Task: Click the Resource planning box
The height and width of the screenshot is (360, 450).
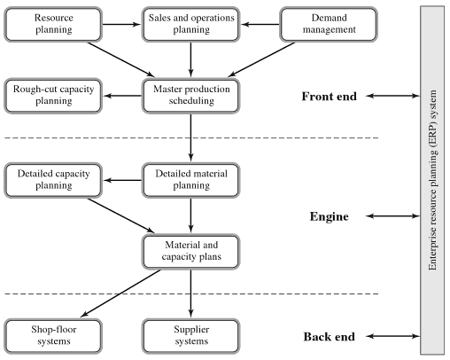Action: pyautogui.click(x=53, y=24)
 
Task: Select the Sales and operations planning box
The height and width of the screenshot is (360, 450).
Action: pyautogui.click(x=191, y=24)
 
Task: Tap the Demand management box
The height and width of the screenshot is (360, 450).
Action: pyautogui.click(x=329, y=24)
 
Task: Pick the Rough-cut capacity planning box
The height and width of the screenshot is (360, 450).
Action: pyautogui.click(x=53, y=96)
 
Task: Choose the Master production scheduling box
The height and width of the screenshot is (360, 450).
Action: pyautogui.click(x=191, y=96)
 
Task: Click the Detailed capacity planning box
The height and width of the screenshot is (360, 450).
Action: pyautogui.click(x=53, y=180)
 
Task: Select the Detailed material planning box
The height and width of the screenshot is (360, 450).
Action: pyautogui.click(x=191, y=180)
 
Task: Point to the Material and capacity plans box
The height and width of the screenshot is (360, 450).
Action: pyautogui.click(x=191, y=252)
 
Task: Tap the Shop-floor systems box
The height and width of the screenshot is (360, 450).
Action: pyautogui.click(x=53, y=336)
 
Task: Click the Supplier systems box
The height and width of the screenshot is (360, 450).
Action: pyautogui.click(x=191, y=336)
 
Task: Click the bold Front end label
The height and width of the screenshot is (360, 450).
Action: pyautogui.click(x=330, y=97)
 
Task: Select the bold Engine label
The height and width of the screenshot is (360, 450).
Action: pyautogui.click(x=330, y=216)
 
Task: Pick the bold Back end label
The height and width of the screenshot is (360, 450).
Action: pyautogui.click(x=330, y=337)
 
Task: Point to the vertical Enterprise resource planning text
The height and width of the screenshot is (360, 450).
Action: pyautogui.click(x=432, y=180)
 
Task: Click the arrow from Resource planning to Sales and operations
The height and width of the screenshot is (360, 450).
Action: pyautogui.click(x=122, y=24)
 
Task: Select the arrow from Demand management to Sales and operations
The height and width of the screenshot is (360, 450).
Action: pyautogui.click(x=260, y=24)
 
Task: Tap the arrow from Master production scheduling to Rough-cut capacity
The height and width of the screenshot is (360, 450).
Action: pyautogui.click(x=122, y=96)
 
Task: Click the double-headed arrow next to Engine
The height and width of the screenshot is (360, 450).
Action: pyautogui.click(x=392, y=216)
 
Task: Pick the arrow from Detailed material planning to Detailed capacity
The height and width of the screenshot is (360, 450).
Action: pyautogui.click(x=122, y=180)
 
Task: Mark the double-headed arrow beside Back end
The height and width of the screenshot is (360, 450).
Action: pyautogui.click(x=392, y=336)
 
